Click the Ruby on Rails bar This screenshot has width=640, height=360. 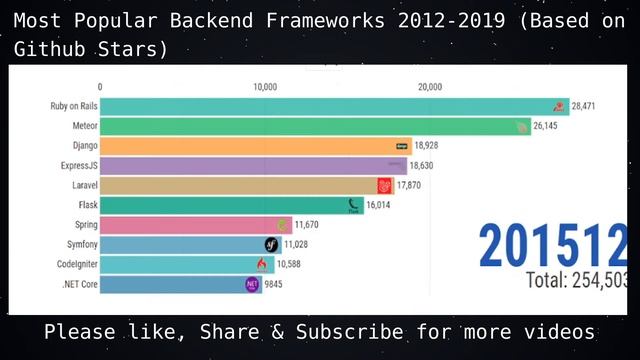(x=330, y=106)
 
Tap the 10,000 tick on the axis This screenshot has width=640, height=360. (x=265, y=87)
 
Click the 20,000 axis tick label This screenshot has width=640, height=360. (x=429, y=87)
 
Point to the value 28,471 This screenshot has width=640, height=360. (x=584, y=106)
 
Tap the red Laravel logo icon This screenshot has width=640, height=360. (x=385, y=185)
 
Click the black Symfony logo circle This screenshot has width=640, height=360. (x=272, y=245)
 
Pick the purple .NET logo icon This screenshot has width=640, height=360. (x=253, y=284)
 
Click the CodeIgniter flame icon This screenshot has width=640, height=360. (x=262, y=264)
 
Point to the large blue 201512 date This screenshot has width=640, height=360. (x=553, y=245)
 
